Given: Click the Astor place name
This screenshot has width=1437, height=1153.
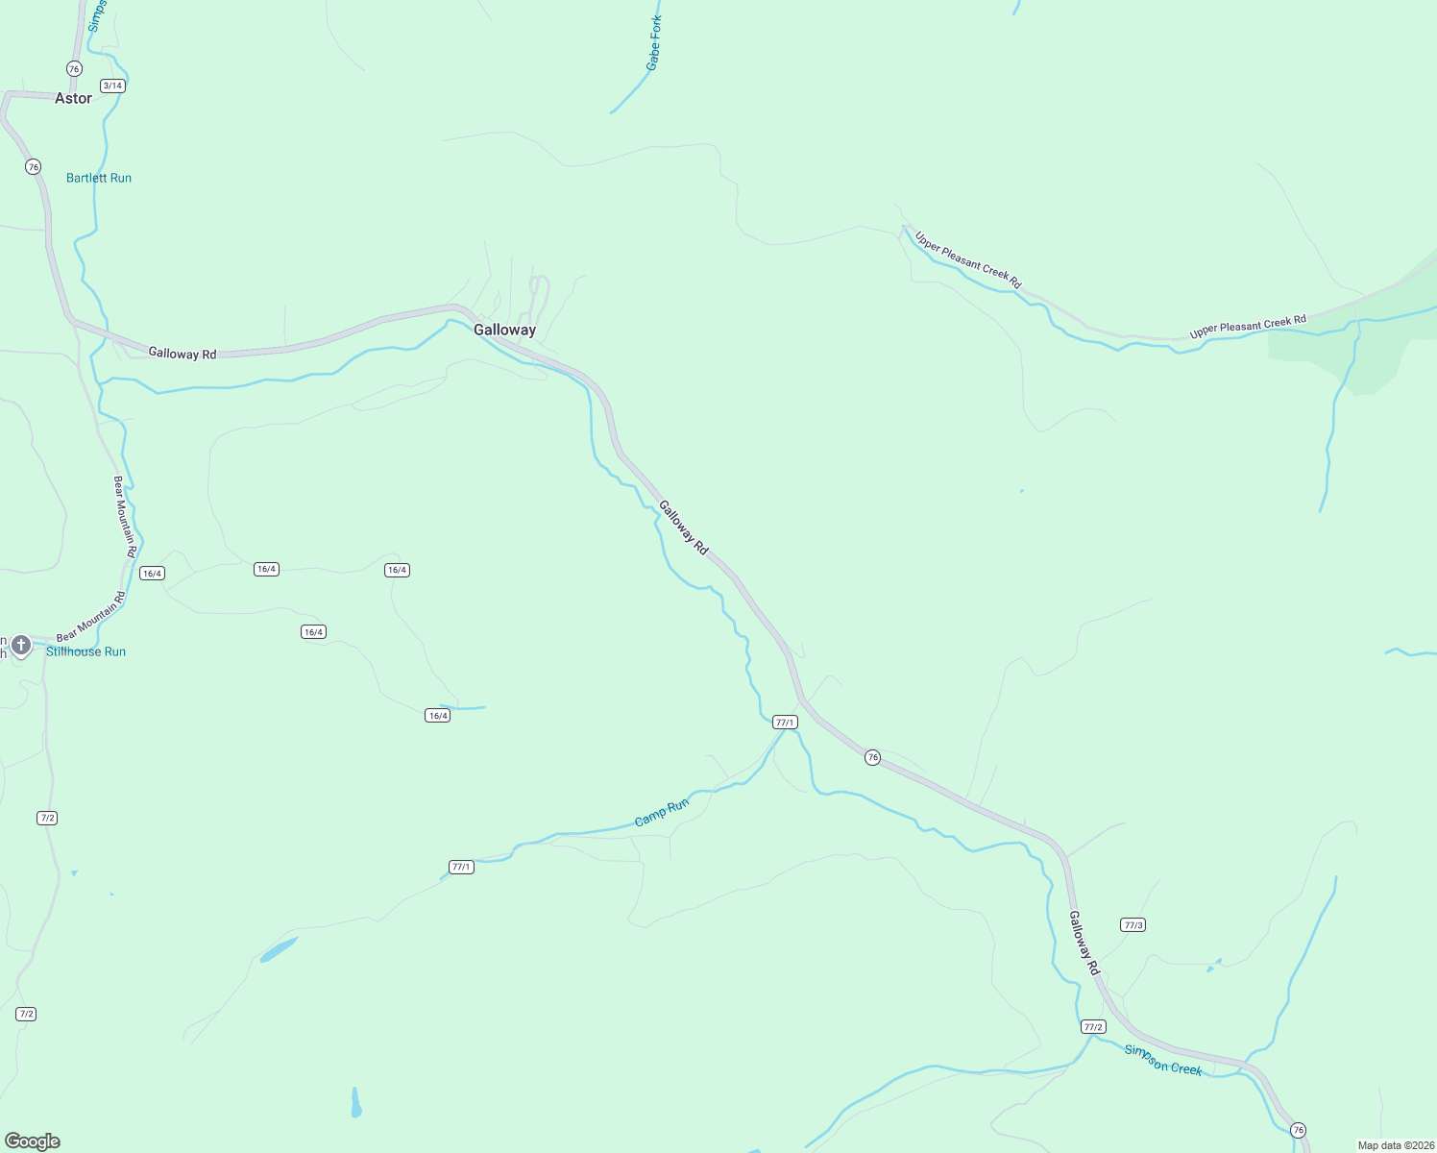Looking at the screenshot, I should pos(73,98).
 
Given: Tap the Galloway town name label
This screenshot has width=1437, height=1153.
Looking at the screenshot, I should pos(504,330).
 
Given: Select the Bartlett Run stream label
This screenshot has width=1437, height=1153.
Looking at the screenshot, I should pos(99,178).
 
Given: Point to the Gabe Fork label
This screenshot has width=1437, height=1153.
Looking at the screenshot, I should pos(654,43).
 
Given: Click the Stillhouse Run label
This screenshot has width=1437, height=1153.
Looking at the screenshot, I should pos(86,651).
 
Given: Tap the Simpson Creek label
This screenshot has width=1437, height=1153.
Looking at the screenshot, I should pos(1163,1060).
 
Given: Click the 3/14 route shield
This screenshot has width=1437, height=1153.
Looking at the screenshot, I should pos(112,86).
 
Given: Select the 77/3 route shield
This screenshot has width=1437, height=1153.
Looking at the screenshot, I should pos(1133,925).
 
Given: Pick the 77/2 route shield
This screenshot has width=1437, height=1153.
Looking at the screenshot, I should pos(1092,1027).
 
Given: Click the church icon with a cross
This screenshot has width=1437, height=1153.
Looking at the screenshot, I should pos(21,645).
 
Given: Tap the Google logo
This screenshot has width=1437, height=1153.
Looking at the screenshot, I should pos(33,1141).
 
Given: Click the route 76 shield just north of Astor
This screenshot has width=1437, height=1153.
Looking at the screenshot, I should pos(74,69).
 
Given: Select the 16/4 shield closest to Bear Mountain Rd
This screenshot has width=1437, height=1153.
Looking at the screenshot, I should pos(152,574).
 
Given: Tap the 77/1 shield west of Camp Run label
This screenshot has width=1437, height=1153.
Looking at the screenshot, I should pos(461,867).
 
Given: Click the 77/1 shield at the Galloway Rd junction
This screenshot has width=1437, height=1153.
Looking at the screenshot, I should pos(785,723).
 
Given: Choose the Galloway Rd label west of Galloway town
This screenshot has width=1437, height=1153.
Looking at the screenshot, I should pos(183,354).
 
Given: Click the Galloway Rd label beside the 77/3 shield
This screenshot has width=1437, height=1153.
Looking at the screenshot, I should pos(1084,944).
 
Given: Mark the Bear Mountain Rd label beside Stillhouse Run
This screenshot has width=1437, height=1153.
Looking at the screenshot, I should pos(91,618).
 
